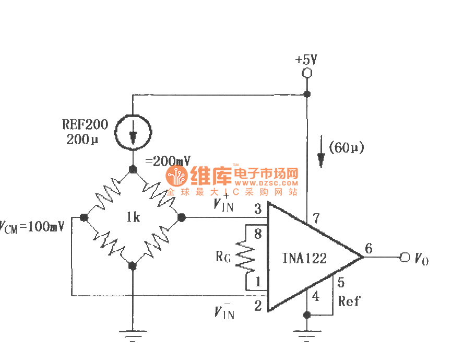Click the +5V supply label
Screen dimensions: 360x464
click(x=306, y=59)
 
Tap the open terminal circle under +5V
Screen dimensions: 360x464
click(x=307, y=73)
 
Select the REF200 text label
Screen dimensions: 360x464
click(x=85, y=125)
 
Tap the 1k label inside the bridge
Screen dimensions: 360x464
click(x=133, y=217)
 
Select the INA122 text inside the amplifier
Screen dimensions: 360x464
click(x=304, y=258)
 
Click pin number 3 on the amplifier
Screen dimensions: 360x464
click(x=258, y=210)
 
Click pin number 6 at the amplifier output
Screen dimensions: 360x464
click(x=369, y=249)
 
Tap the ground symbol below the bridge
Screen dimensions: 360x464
click(x=133, y=335)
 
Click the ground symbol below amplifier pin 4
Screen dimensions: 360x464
click(x=306, y=335)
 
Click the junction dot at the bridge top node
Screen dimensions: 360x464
click(x=133, y=169)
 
